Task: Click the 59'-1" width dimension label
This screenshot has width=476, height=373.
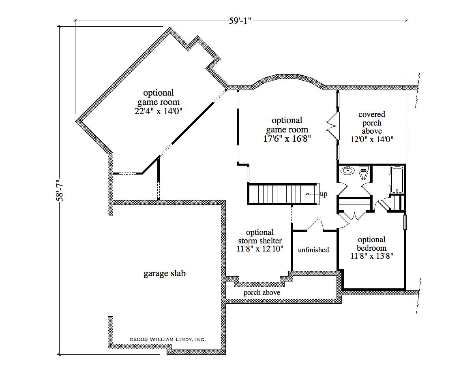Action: (240, 21)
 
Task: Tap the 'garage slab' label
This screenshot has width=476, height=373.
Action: (164, 273)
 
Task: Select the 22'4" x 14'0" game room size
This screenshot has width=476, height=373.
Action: (158, 111)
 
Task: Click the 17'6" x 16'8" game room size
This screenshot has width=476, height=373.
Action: (287, 139)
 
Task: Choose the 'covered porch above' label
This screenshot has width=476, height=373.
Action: (372, 123)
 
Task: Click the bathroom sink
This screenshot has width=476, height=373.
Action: (347, 171)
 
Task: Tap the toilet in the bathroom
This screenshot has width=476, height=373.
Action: (363, 173)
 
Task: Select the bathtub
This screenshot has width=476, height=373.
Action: (397, 180)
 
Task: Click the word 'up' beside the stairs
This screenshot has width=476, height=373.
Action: (324, 194)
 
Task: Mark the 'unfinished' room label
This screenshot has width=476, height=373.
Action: (313, 250)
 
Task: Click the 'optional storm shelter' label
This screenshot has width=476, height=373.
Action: (260, 237)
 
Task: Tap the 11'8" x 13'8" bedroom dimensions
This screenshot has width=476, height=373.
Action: (372, 256)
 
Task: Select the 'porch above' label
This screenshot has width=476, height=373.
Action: (262, 293)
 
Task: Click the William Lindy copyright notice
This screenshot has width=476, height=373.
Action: (168, 339)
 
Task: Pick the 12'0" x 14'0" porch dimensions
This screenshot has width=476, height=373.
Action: (372, 139)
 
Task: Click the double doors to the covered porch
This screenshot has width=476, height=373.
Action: (332, 126)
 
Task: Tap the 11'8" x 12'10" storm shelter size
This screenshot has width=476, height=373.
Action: (260, 249)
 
